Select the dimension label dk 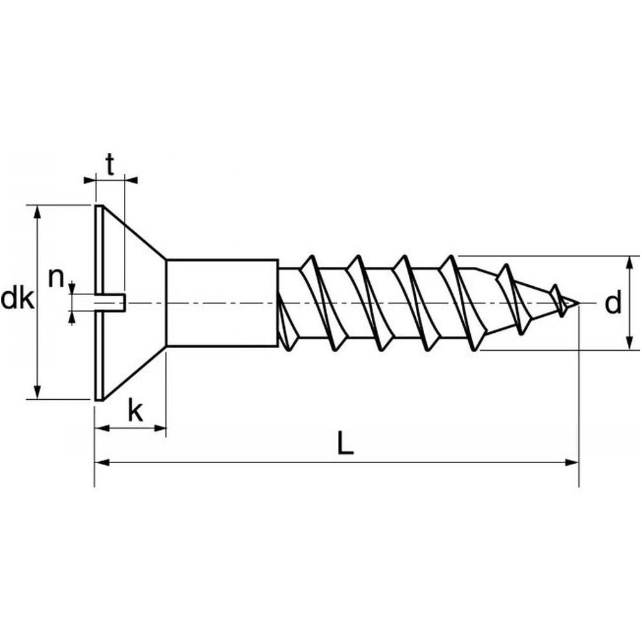(17, 299)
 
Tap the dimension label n (57, 278)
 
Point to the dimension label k (135, 411)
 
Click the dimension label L (345, 443)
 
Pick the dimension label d (613, 304)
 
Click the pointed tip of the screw (578, 303)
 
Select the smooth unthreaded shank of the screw (222, 302)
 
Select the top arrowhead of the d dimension (631, 261)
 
